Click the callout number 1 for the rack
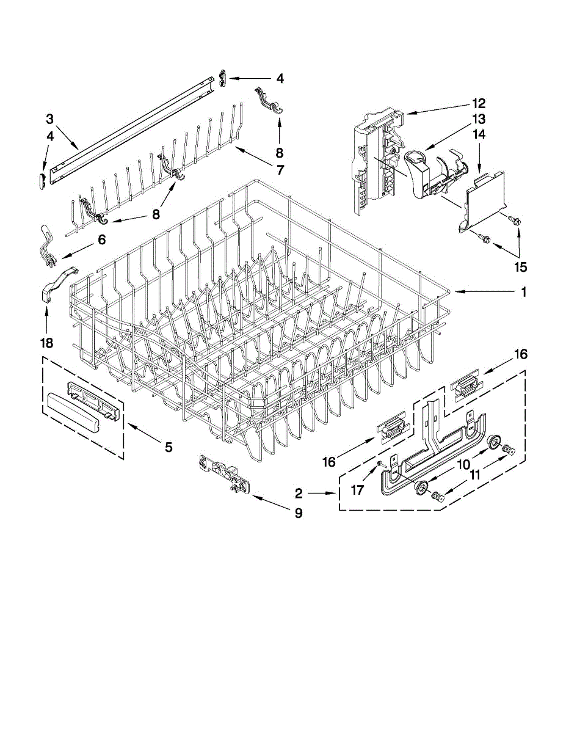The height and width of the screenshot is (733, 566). (523, 292)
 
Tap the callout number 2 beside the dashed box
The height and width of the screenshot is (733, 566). (299, 493)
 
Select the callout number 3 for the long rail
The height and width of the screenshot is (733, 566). (50, 118)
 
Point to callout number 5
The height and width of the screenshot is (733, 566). (169, 447)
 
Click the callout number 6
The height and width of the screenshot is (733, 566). (101, 239)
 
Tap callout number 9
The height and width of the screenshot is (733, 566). (299, 514)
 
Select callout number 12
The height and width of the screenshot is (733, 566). (478, 103)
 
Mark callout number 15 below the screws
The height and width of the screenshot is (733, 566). (520, 267)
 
